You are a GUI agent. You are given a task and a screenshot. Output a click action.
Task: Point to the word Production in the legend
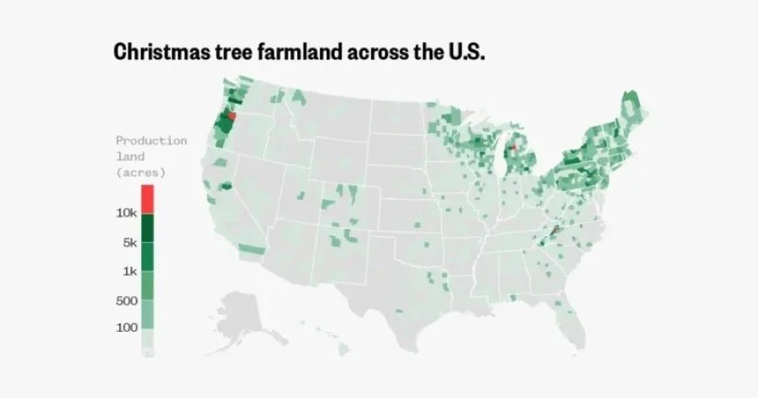point(151,140)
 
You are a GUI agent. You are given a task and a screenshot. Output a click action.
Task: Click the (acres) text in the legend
point(140,172)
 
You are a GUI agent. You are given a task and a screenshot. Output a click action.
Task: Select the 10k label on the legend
point(126,213)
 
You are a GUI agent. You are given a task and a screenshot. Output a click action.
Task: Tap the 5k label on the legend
point(130,243)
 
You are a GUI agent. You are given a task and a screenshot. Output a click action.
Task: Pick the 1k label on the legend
point(130,272)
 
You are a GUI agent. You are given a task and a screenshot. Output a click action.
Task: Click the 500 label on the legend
point(126,300)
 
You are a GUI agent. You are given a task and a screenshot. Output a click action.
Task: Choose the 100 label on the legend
point(126,327)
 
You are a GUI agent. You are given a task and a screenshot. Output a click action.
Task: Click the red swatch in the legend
point(147,199)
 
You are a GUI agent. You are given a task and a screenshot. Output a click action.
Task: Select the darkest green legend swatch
point(147,228)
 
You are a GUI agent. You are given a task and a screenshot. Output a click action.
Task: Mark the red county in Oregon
point(232,116)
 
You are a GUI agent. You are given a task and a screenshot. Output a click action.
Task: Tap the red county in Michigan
point(513,148)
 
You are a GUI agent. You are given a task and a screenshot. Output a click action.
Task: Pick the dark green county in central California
point(227,186)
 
